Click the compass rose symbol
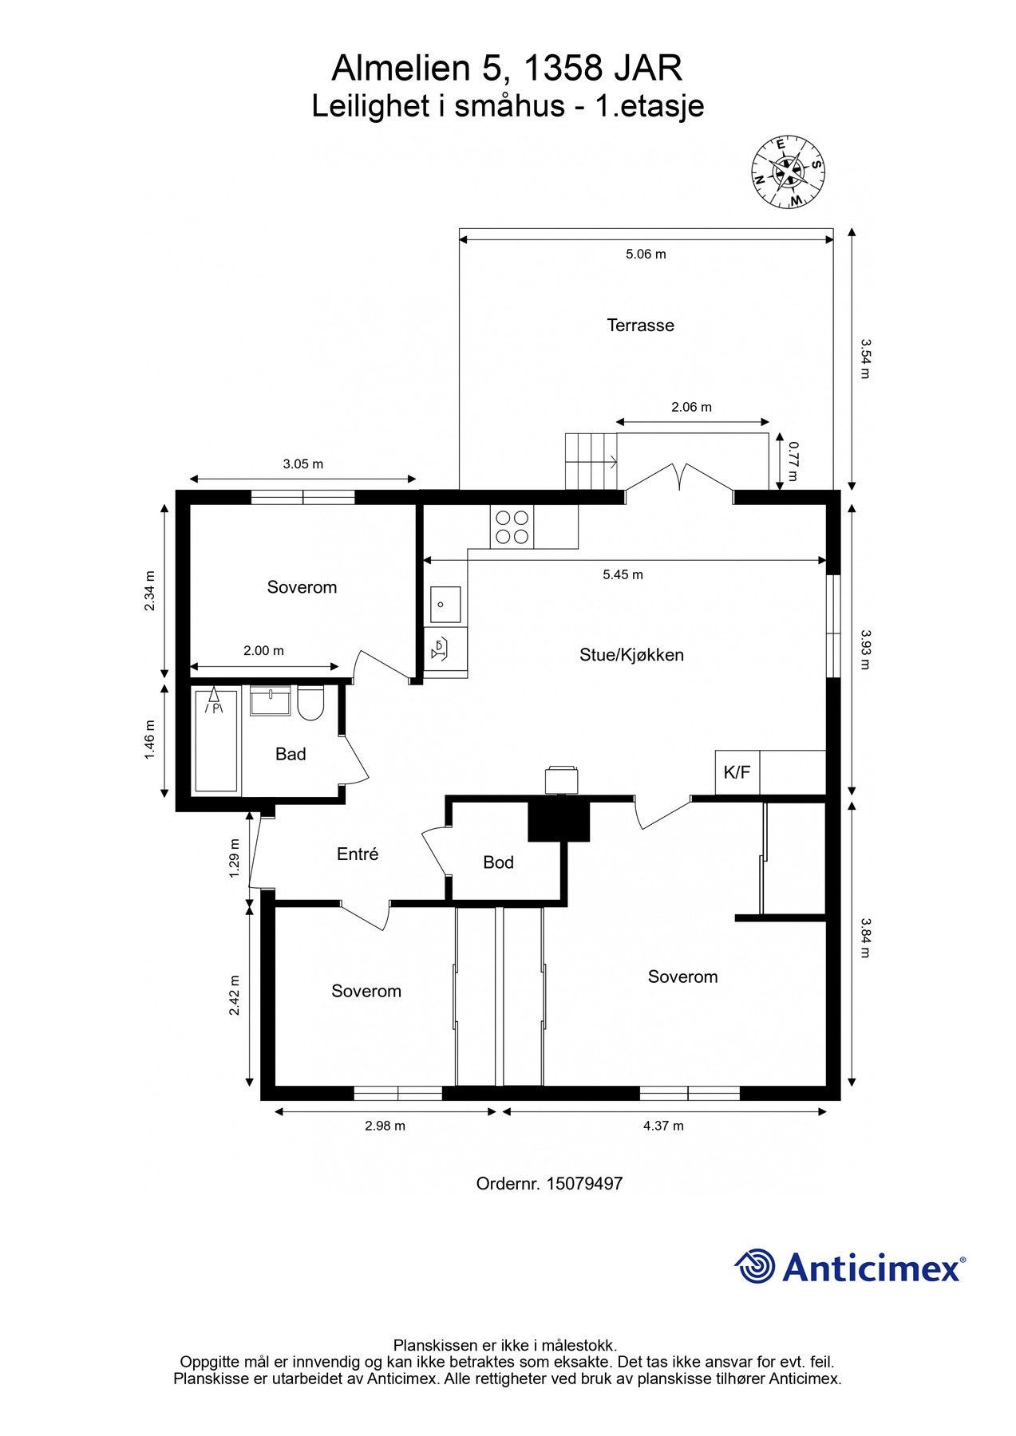point(788,172)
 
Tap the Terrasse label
point(640,325)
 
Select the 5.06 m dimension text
point(646,254)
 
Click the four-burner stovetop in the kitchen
point(512,527)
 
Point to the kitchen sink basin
point(445,604)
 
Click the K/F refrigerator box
point(737,772)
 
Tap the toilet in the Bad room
point(310,703)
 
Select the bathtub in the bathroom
point(215,741)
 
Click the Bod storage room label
point(498,862)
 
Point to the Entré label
point(358,854)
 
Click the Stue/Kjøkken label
point(631,655)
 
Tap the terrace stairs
point(591,461)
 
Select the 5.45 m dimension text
point(623,574)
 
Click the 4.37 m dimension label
point(663,1126)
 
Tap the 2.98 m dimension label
point(385,1126)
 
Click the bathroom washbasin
point(271,701)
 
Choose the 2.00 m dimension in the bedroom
point(263,651)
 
